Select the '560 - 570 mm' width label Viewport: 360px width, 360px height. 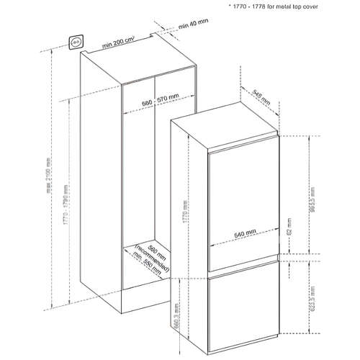click(160, 103)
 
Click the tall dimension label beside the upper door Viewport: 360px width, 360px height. click(311, 196)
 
